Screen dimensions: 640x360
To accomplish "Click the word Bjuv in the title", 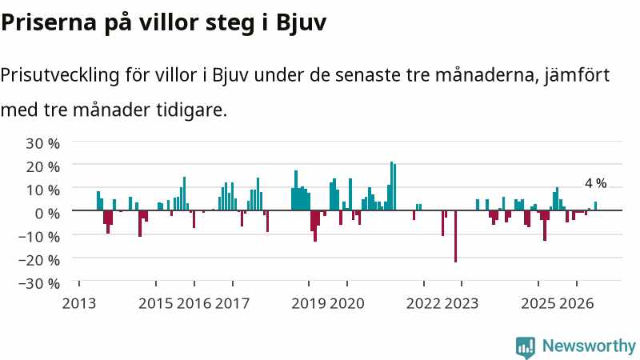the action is click(x=302, y=22).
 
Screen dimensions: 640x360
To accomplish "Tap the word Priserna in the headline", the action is click(x=49, y=22).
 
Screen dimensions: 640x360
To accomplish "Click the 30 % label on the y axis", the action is click(x=43, y=143).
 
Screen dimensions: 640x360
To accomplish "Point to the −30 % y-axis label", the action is click(x=39, y=283).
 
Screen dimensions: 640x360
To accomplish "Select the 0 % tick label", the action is click(x=47, y=213).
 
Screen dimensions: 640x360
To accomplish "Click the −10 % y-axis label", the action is click(x=39, y=236).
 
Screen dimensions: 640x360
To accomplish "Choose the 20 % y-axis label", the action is click(x=43, y=166).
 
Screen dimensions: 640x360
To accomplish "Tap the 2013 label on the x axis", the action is click(x=78, y=303).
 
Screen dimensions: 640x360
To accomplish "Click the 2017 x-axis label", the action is click(x=232, y=303).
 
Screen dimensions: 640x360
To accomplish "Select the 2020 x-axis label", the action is click(x=347, y=303).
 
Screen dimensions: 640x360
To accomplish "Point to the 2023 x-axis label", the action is click(x=462, y=303).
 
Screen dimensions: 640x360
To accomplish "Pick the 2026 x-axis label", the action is click(x=576, y=303).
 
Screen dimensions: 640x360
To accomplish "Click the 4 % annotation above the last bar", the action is click(x=595, y=184).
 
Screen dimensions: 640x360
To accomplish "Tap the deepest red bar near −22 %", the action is click(x=455, y=236).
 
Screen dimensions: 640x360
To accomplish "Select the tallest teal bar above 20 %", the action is click(x=391, y=186).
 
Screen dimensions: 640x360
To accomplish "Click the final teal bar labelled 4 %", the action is click(x=595, y=206).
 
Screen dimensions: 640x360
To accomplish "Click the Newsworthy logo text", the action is click(x=589, y=346).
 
